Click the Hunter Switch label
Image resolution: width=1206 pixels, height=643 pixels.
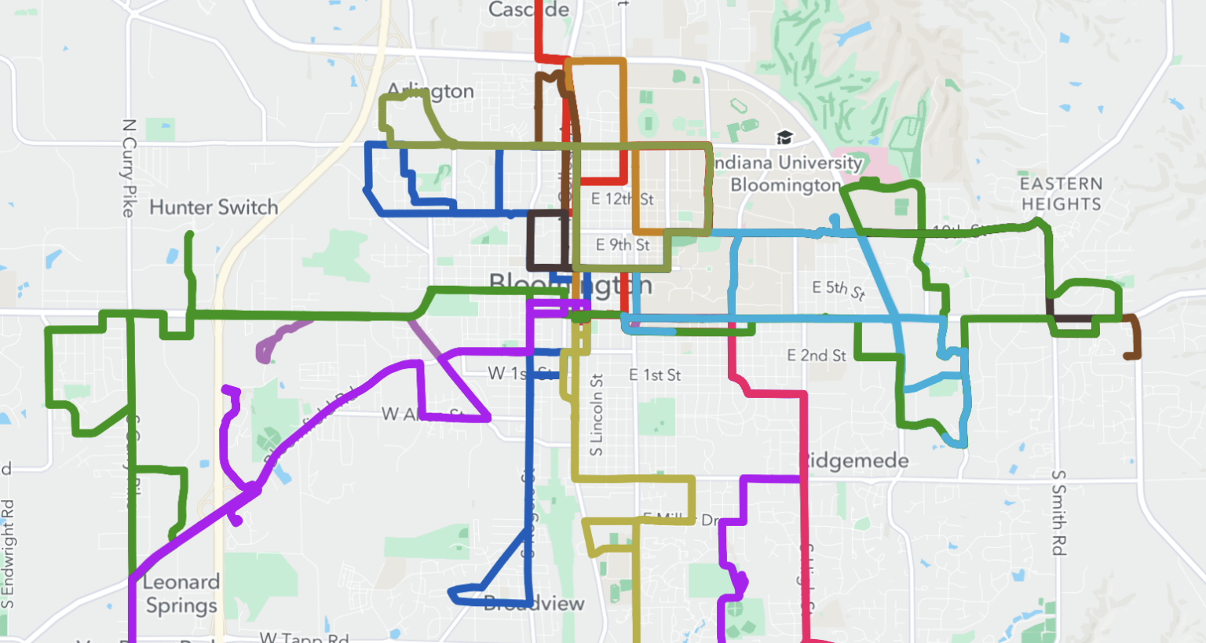[x=214, y=207]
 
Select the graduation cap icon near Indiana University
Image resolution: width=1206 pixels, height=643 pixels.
[x=784, y=138]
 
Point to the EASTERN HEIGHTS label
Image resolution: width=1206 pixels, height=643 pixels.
[x=1062, y=193]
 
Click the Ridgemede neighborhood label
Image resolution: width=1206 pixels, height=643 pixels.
[x=856, y=461]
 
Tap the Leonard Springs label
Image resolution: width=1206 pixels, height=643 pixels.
[x=181, y=594]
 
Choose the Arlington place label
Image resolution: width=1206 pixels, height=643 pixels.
[x=432, y=91]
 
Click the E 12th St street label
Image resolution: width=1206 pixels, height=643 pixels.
[x=622, y=199]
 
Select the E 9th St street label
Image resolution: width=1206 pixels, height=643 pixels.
[x=623, y=245]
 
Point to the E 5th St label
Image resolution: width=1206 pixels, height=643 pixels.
[x=839, y=290]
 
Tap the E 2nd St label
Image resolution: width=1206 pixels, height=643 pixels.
[x=817, y=356]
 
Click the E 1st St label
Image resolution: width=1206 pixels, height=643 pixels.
[x=655, y=375]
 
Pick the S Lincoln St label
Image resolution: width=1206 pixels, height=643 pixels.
[x=597, y=415]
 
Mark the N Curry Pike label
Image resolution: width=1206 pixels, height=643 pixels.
[x=130, y=168]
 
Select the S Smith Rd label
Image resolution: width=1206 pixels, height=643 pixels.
[x=1058, y=513]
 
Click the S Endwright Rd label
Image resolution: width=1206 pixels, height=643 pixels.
[x=8, y=553]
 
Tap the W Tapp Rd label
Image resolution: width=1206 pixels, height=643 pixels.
[x=304, y=638]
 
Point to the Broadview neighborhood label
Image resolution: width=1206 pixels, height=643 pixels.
[x=534, y=604]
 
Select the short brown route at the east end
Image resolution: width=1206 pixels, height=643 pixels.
[x=1134, y=338]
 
